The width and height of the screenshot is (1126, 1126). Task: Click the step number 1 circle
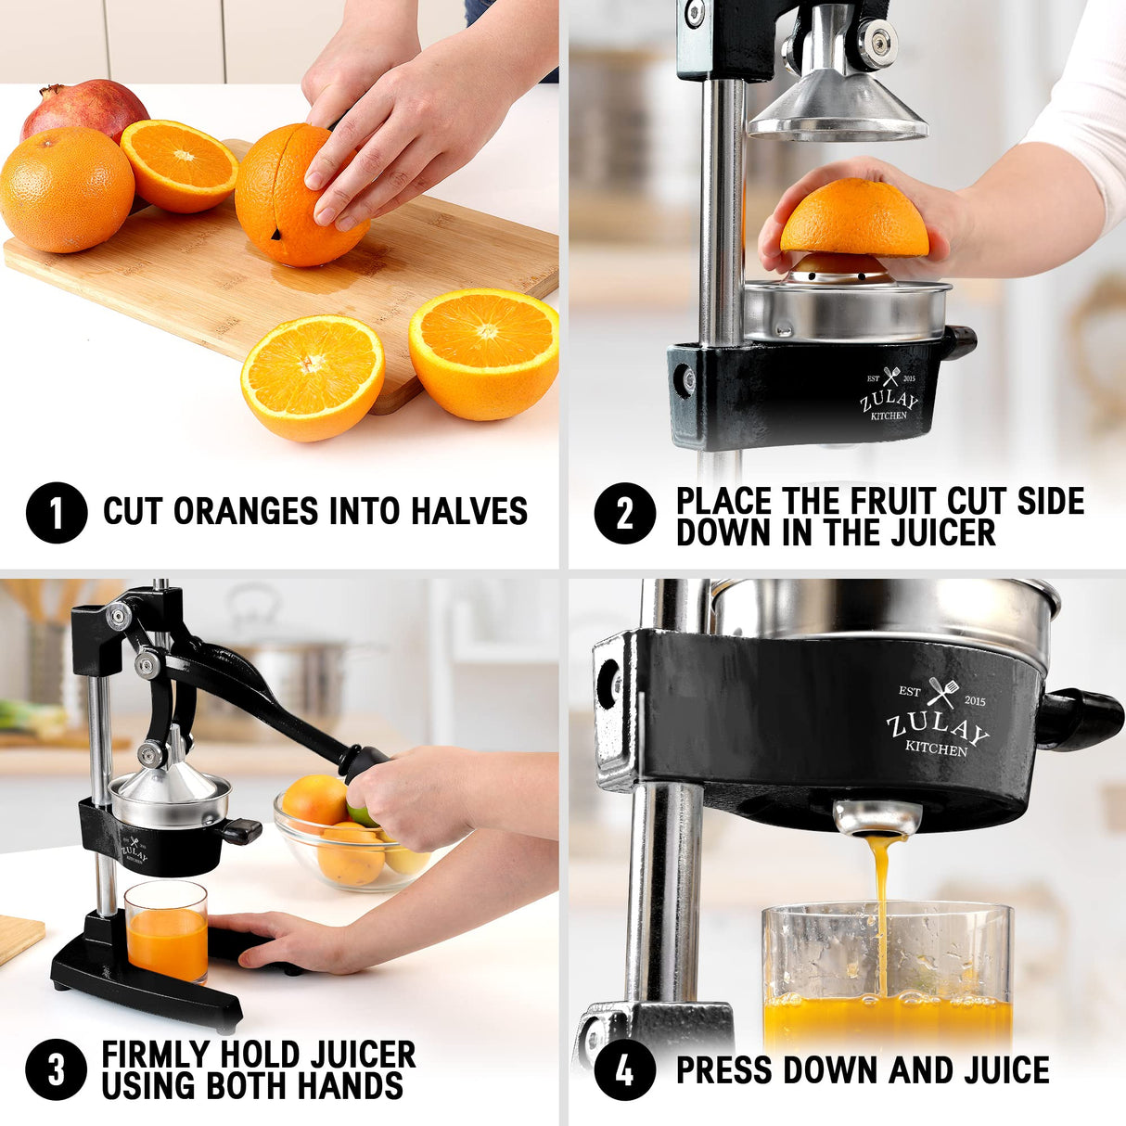point(57,512)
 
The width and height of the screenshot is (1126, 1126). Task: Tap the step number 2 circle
point(624,512)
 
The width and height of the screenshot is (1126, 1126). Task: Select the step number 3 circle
point(57,1069)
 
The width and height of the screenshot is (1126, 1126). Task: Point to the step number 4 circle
point(624,1069)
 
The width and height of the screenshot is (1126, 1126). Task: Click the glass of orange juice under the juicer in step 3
point(167,932)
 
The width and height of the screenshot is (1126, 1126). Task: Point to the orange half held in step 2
point(854,219)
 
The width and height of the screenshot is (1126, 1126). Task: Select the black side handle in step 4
point(1081,719)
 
